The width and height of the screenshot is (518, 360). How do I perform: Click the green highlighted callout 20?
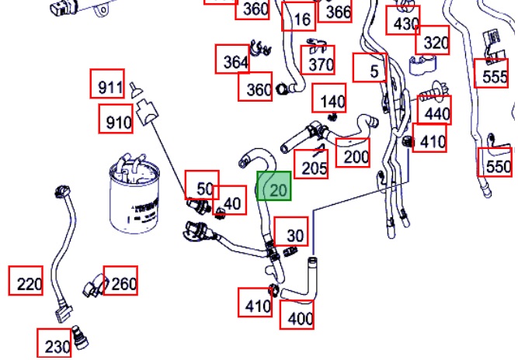tap(274, 185)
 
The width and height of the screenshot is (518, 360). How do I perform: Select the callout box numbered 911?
tap(107, 84)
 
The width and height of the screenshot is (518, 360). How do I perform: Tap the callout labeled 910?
tap(116, 119)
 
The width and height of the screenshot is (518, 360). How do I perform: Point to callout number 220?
tap(26, 281)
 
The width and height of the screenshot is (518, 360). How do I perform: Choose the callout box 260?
tap(120, 281)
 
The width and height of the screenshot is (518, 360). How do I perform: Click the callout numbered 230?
tap(54, 343)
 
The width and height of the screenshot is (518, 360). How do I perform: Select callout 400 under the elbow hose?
tap(297, 315)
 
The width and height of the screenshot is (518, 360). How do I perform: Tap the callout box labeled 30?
tap(291, 231)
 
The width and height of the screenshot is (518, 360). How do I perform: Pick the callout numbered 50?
tap(202, 185)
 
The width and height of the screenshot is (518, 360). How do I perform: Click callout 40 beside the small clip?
tap(230, 200)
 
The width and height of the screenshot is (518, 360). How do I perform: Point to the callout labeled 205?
tap(311, 164)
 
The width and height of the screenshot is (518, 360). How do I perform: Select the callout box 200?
tap(353, 152)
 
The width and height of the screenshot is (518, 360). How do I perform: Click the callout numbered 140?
tap(329, 98)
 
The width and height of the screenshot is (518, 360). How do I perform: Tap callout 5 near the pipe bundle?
tap(370, 67)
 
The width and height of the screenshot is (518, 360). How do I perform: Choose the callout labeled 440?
tap(434, 110)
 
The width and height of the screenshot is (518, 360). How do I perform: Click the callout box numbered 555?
tap(492, 73)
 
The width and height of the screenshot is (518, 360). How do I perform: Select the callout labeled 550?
tap(495, 162)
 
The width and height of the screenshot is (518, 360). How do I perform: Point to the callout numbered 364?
tap(232, 59)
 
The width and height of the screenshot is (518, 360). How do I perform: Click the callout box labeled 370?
tap(318, 60)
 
